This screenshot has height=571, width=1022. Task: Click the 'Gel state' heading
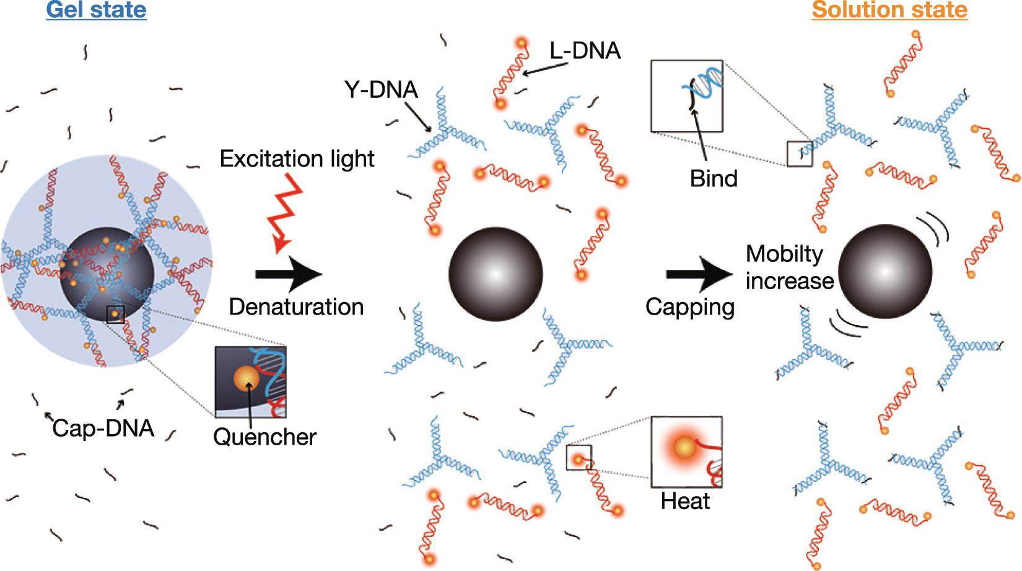tap(96, 10)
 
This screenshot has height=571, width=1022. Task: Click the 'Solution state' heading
tap(889, 10)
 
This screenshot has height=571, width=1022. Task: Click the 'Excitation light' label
tap(297, 159)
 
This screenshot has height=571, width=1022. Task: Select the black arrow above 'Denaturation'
tap(289, 274)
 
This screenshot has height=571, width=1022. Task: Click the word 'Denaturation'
tap(296, 307)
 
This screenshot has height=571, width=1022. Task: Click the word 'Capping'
tap(690, 307)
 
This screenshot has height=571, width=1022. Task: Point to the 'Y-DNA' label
tap(381, 90)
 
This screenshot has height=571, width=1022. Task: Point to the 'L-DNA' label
tap(585, 51)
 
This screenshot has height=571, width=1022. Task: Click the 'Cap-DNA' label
tap(103, 429)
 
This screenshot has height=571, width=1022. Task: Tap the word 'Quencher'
tap(264, 437)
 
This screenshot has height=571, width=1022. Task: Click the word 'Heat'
tap(685, 501)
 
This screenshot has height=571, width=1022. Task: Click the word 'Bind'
tap(714, 179)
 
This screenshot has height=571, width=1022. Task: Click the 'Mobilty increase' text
tap(789, 267)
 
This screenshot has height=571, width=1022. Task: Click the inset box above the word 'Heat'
tap(686, 452)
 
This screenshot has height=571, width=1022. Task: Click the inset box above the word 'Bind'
tap(686, 96)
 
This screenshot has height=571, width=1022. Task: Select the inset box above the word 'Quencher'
tap(250, 382)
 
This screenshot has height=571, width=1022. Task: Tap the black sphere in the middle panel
tap(496, 274)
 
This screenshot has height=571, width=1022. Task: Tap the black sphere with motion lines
tap(885, 271)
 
